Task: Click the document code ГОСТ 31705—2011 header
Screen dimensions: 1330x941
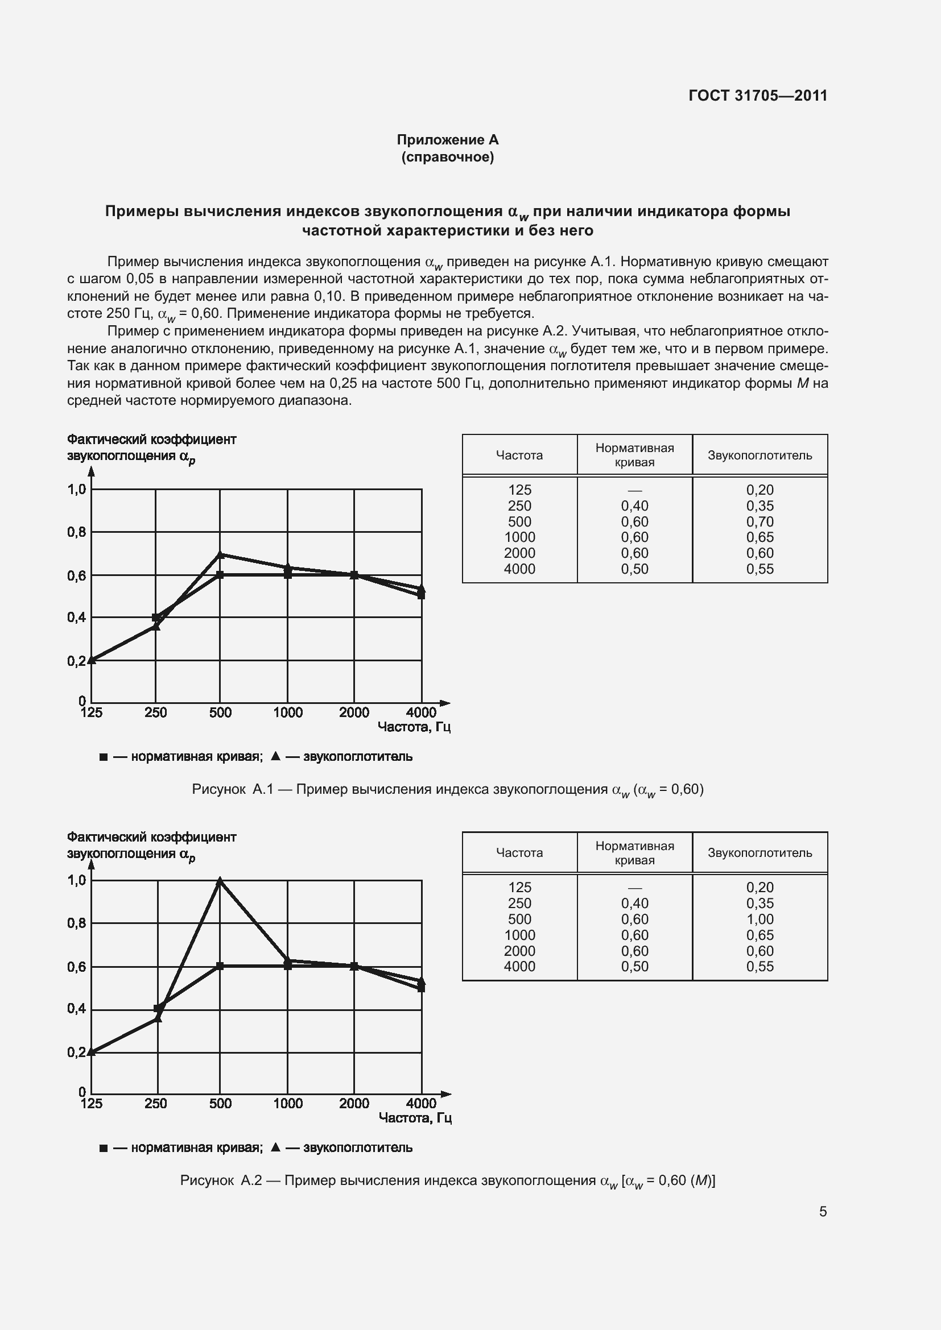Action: point(757,96)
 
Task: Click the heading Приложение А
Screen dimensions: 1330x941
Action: point(447,140)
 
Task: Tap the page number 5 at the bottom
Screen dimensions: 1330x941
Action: point(823,1211)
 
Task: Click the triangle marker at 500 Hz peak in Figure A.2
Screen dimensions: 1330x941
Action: point(220,881)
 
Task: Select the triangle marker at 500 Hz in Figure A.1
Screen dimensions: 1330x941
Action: point(220,554)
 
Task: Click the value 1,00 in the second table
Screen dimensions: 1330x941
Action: point(760,919)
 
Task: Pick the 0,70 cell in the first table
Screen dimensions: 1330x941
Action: point(760,521)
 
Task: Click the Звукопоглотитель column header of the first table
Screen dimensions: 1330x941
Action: point(760,455)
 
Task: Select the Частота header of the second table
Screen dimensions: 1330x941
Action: point(519,853)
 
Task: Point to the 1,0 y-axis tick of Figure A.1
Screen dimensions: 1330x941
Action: point(76,490)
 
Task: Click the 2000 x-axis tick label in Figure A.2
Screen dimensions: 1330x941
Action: point(354,1104)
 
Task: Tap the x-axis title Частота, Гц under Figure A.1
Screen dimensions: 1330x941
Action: point(414,727)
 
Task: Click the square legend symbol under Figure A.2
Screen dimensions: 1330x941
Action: point(103,1148)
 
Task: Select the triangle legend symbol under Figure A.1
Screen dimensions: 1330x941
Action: point(276,756)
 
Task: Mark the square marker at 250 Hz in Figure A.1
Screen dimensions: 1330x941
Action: point(155,618)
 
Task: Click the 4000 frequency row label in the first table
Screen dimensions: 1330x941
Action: point(519,569)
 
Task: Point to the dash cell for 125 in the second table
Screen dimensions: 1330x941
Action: point(634,888)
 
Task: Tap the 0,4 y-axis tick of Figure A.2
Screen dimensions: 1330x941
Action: point(76,1009)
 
